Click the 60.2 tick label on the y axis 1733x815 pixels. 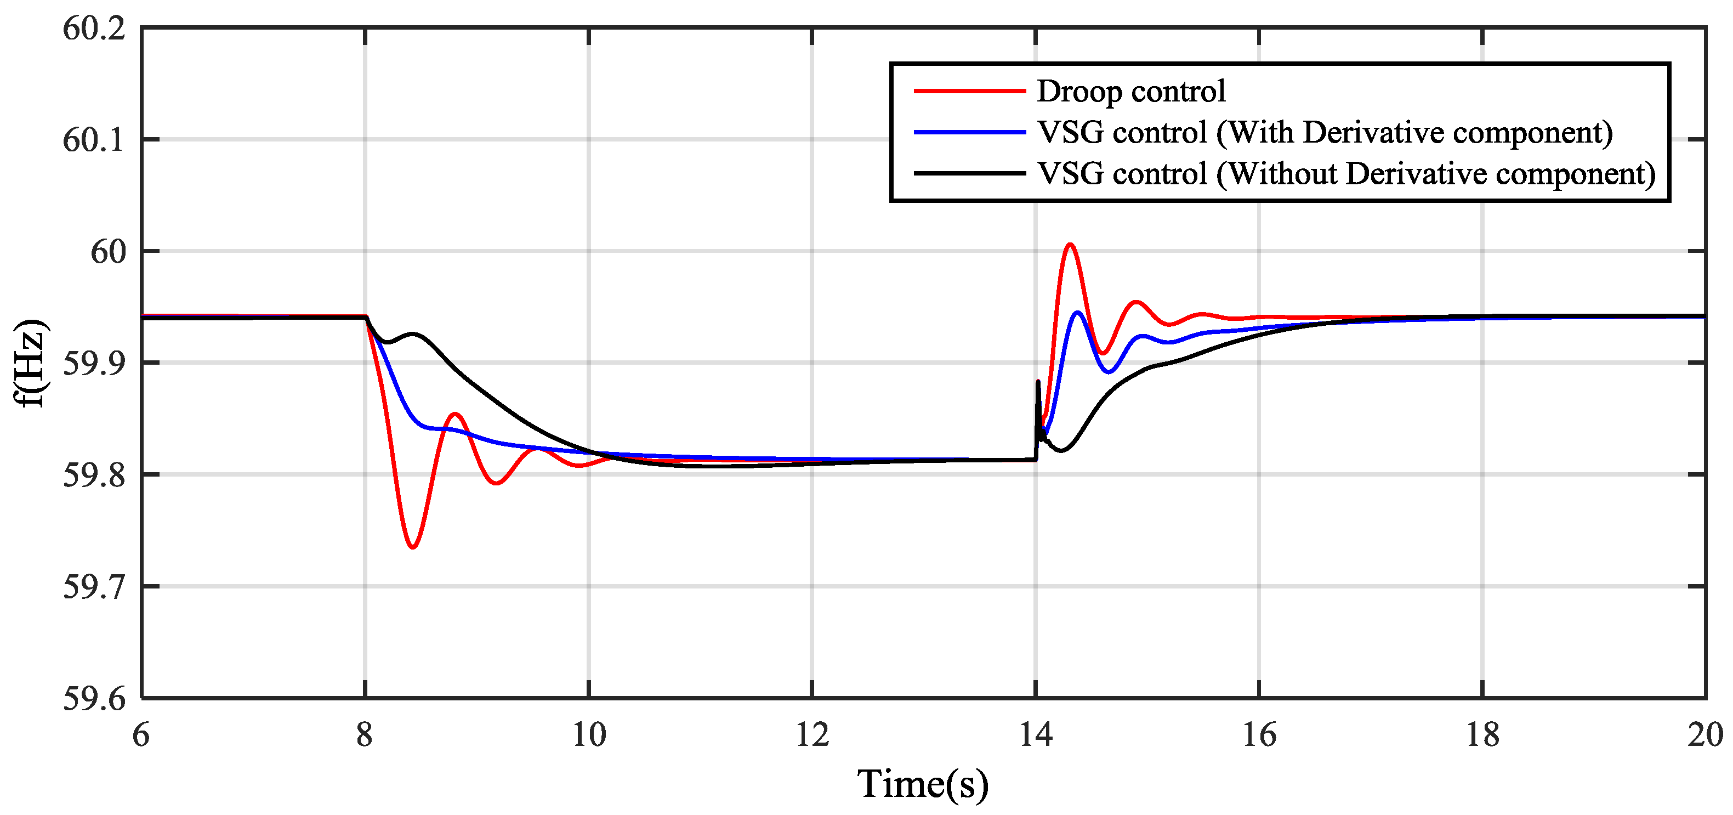click(94, 29)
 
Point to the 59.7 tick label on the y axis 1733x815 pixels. click(94, 587)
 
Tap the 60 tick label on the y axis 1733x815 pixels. click(107, 252)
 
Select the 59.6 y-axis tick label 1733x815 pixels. click(94, 699)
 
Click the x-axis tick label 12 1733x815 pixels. click(812, 735)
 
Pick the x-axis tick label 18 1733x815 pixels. click(1482, 735)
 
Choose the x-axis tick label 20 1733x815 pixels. click(1704, 735)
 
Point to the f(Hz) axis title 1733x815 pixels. click(30, 364)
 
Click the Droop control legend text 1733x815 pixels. click(1130, 91)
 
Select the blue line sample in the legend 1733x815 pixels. click(969, 132)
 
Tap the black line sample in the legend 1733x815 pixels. click(969, 174)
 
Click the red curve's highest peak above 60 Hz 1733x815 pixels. click(1070, 244)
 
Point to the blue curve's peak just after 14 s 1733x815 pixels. click(1078, 312)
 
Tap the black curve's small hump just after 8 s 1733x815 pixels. click(412, 334)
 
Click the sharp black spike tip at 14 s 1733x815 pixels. click(1038, 382)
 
